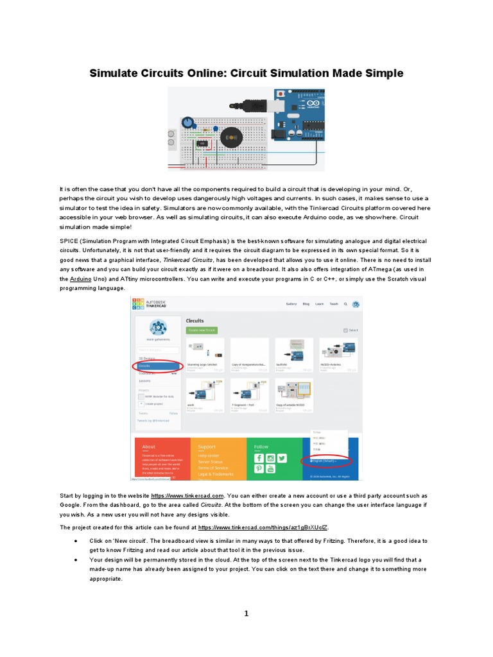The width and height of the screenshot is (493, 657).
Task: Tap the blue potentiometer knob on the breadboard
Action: click(187, 122)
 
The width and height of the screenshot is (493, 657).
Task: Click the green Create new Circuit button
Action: click(202, 330)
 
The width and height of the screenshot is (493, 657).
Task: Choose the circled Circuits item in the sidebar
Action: click(156, 366)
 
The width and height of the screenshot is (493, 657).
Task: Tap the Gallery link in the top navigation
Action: click(291, 304)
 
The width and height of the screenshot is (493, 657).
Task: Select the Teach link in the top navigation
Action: click(334, 304)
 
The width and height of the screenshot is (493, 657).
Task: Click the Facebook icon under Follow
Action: click(259, 458)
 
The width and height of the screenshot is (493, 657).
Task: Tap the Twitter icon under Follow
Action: click(281, 458)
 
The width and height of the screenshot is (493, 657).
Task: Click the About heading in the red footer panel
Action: click(148, 447)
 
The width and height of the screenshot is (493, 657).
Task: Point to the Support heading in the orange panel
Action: click(207, 447)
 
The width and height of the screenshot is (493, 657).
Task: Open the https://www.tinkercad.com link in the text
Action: click(187, 496)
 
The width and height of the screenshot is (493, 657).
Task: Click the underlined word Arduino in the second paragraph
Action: click(80, 280)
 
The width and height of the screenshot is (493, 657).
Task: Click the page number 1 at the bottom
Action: click(246, 614)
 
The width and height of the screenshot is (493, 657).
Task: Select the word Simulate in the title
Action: click(114, 73)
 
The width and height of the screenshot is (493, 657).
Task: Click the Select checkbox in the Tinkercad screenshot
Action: click(345, 330)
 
